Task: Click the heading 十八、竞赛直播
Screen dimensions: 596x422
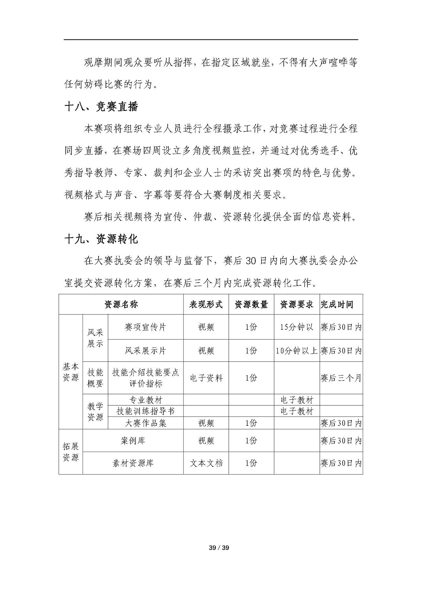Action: tap(101, 107)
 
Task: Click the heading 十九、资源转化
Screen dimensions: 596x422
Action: tap(101, 239)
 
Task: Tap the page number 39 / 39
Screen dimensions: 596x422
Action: tap(219, 548)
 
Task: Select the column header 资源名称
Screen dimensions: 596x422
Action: tap(121, 304)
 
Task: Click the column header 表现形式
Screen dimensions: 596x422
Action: tap(206, 304)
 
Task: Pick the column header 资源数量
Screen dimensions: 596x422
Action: tap(251, 304)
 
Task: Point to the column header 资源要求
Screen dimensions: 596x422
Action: tap(297, 304)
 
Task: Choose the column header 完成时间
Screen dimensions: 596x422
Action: tap(337, 304)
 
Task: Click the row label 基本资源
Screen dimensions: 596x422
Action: tap(71, 372)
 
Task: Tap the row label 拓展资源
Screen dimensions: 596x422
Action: tap(71, 452)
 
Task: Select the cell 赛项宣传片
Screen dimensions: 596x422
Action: tap(145, 327)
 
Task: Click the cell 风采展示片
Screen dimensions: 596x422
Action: tap(145, 350)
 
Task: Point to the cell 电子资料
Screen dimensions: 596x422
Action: tap(206, 378)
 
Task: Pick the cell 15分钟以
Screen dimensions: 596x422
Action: tap(297, 327)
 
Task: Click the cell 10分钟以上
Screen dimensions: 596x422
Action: tap(297, 350)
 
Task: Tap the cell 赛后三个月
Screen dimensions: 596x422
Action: tap(341, 378)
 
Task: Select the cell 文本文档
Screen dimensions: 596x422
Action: tap(206, 463)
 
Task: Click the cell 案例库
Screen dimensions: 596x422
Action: tap(133, 441)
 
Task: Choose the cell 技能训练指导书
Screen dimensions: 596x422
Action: tap(145, 411)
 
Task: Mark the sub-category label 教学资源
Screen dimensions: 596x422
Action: tap(95, 412)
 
